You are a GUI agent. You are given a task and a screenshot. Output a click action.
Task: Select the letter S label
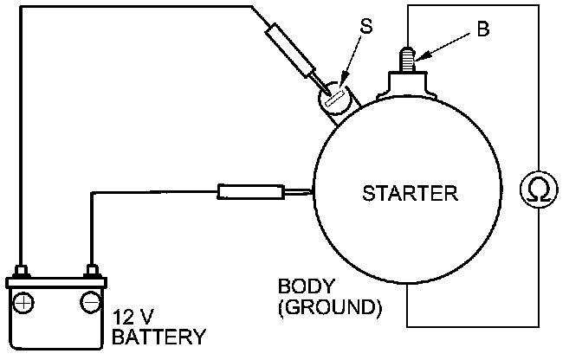(x=366, y=27)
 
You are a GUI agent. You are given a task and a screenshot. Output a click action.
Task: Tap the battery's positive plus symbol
(x=25, y=302)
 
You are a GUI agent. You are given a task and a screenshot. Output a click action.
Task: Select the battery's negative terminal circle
(x=89, y=302)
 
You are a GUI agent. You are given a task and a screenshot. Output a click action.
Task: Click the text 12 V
(x=134, y=316)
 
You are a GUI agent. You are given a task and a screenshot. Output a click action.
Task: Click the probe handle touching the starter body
(x=250, y=193)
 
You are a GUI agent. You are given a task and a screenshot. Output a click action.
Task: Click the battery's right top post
(x=89, y=271)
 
